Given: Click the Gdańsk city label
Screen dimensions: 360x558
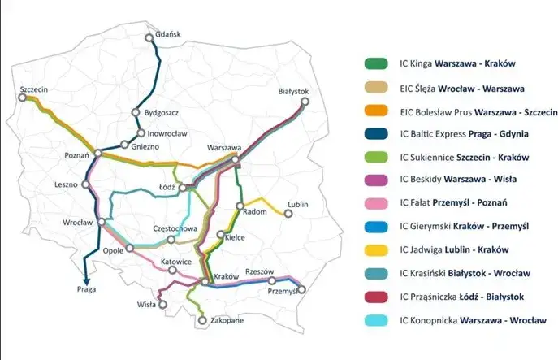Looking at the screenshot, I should [x=167, y=34].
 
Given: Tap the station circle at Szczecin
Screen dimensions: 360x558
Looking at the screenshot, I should [x=23, y=98].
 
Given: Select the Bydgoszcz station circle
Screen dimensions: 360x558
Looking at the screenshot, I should [x=136, y=114].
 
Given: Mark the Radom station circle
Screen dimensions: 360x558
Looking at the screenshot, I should [x=240, y=206].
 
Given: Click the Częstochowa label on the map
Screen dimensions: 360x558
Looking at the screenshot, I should [x=174, y=229].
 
